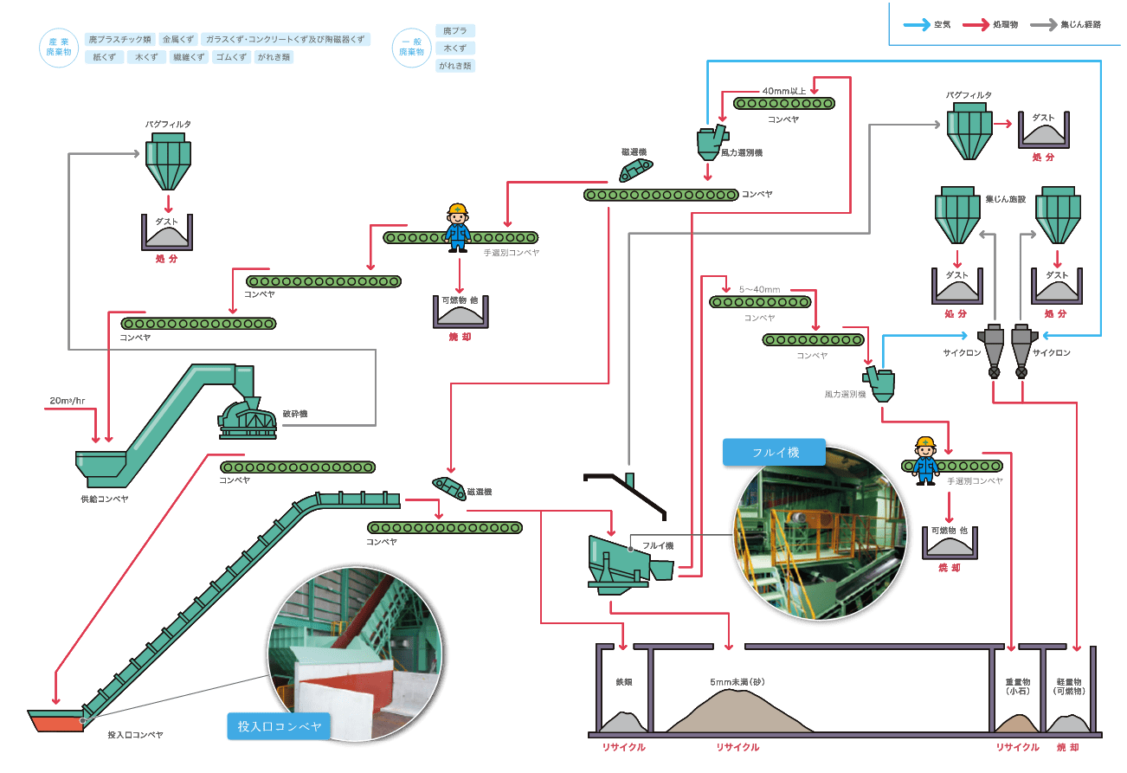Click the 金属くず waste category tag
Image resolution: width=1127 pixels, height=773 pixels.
177,40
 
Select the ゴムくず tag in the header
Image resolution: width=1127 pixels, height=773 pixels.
231,57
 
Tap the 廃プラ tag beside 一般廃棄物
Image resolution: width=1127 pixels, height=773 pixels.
454,31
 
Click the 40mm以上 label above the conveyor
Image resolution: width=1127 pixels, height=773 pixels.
783,90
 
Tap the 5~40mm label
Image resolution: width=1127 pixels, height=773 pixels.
759,288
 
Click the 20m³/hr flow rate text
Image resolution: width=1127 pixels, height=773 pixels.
68,401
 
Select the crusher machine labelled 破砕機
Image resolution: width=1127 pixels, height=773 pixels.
248,416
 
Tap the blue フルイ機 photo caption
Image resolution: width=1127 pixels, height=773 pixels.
775,452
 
